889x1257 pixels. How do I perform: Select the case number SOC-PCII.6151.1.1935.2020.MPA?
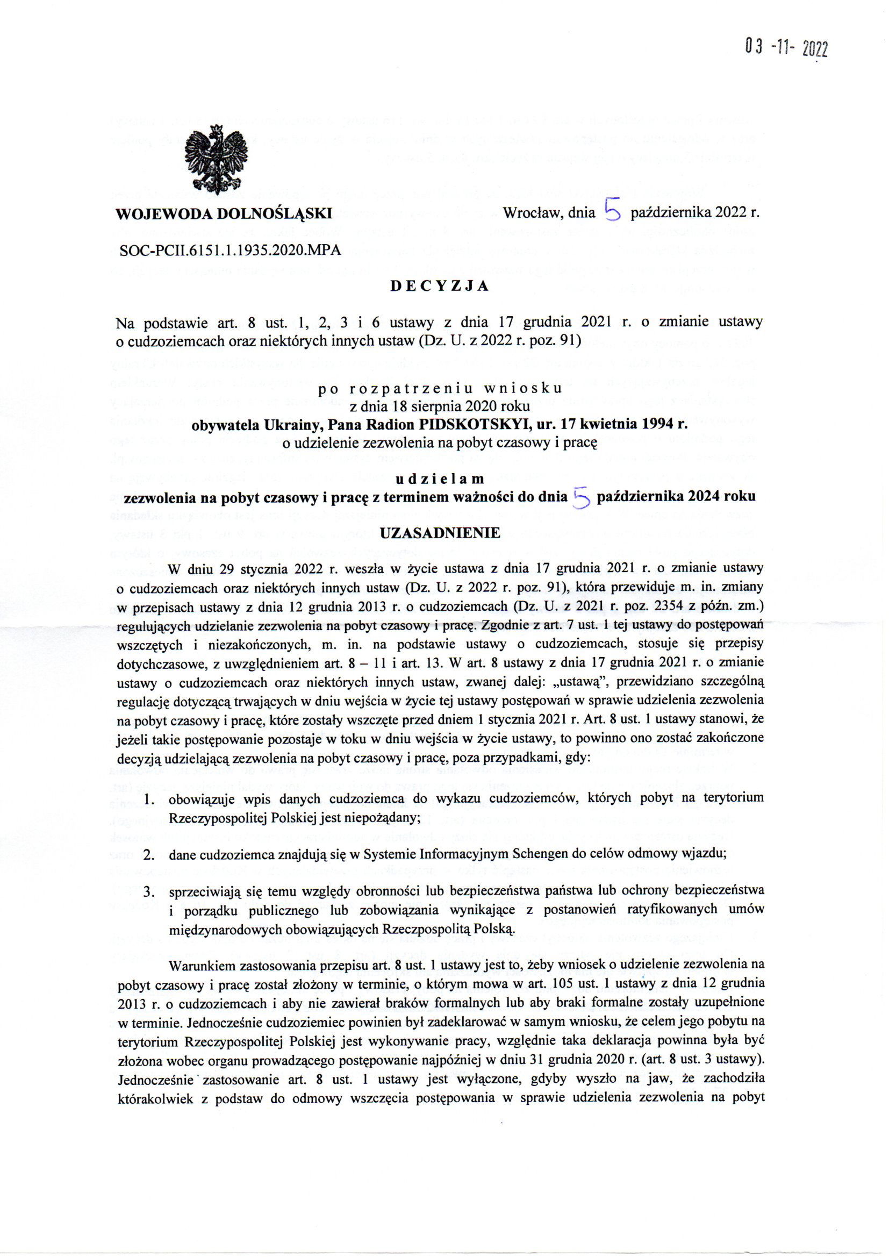(230, 250)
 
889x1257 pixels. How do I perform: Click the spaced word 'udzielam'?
(440, 479)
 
